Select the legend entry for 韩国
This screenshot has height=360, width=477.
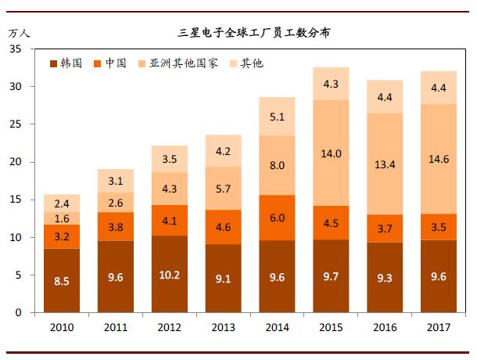click(x=66, y=63)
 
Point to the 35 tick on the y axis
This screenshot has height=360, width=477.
click(x=15, y=49)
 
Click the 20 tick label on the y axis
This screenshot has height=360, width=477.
click(x=15, y=162)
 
